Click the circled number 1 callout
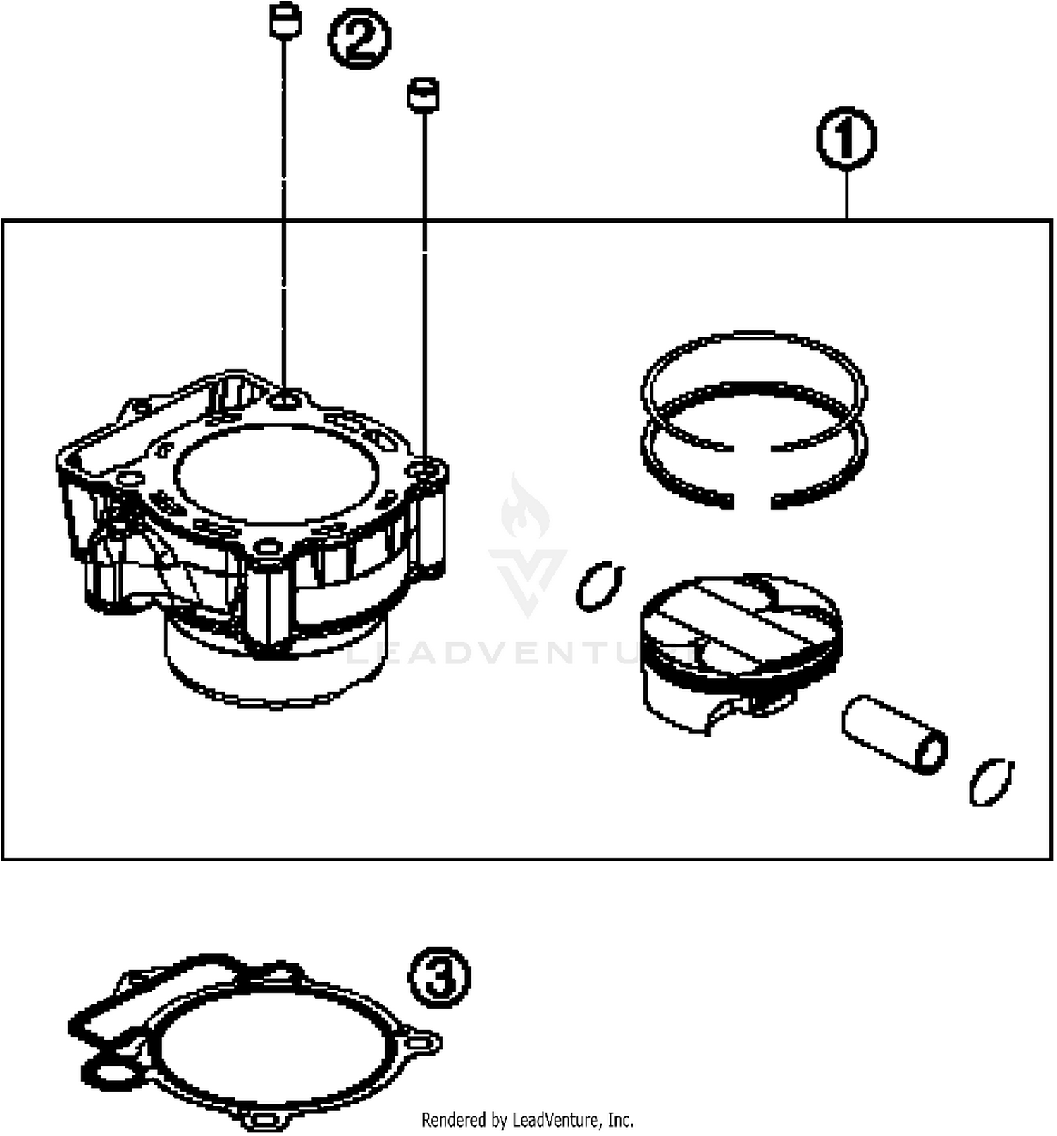[846, 139]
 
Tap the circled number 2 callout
[359, 39]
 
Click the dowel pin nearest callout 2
[285, 21]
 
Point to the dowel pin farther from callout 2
[423, 94]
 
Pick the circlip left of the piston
[599, 586]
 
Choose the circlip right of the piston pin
[991, 781]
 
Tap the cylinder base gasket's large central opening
[275, 1046]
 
